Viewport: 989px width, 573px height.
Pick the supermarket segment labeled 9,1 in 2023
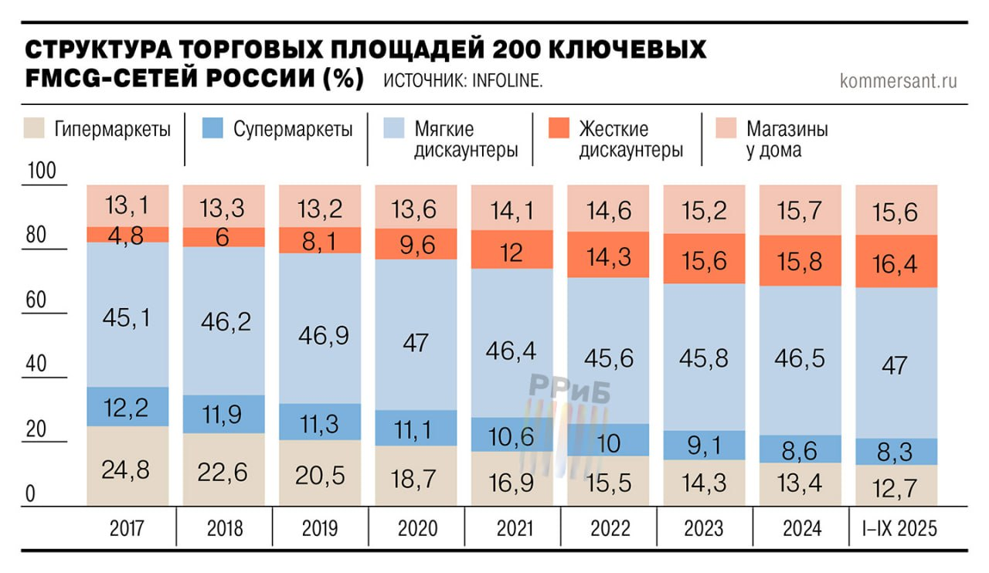click(x=704, y=446)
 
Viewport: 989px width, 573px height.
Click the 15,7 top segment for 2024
click(x=800, y=210)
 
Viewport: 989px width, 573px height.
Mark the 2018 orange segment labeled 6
click(x=223, y=237)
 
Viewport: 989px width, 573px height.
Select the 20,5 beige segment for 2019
click(x=320, y=473)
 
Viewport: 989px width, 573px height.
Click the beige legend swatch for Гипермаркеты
click(x=35, y=128)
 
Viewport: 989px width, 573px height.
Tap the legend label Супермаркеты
click(x=293, y=129)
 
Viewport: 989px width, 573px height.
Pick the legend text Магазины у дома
click(x=787, y=139)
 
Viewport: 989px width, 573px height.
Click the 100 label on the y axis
click(x=42, y=171)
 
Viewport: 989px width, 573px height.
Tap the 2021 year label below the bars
click(x=511, y=528)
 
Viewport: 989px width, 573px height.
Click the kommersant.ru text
click(x=898, y=80)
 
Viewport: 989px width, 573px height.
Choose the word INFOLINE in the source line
click(x=503, y=81)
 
